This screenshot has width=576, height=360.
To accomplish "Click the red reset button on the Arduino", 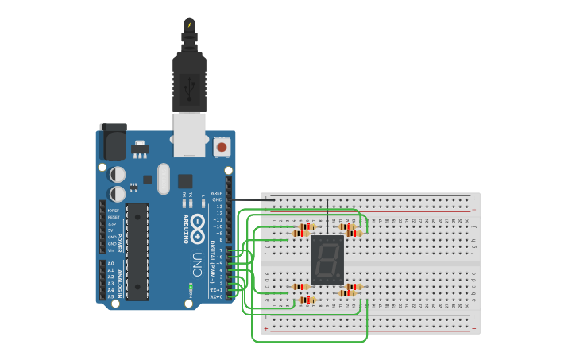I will click(222, 147).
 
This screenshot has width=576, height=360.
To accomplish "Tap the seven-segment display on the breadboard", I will click(327, 260).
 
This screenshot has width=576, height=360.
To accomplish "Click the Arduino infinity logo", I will click(197, 223).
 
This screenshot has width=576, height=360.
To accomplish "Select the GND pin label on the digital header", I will click(217, 199).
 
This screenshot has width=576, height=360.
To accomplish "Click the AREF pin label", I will click(216, 193).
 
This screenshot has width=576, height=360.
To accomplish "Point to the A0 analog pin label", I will click(110, 263).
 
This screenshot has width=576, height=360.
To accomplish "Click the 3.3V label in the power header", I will click(113, 224).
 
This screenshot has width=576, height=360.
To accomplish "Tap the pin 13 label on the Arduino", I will click(218, 207).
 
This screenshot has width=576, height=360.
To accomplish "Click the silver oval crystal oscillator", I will click(164, 178).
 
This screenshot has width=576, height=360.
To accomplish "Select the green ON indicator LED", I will click(191, 287).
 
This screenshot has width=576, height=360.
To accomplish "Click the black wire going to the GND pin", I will click(250, 199).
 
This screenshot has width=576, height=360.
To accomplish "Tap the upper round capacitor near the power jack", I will click(118, 173).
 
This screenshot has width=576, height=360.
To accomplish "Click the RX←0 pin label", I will click(215, 297).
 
